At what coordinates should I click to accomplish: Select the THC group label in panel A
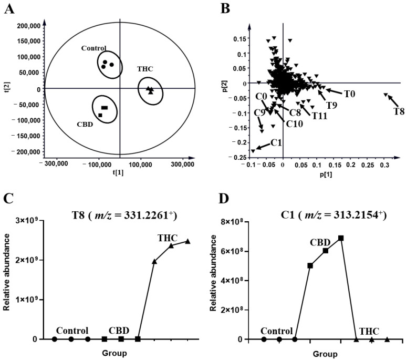(x=145, y=69)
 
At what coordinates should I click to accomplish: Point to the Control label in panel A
(x=94, y=48)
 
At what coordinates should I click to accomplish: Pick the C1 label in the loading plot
(x=277, y=143)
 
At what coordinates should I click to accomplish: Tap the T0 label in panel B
(x=350, y=94)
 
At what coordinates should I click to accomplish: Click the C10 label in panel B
(x=294, y=124)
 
